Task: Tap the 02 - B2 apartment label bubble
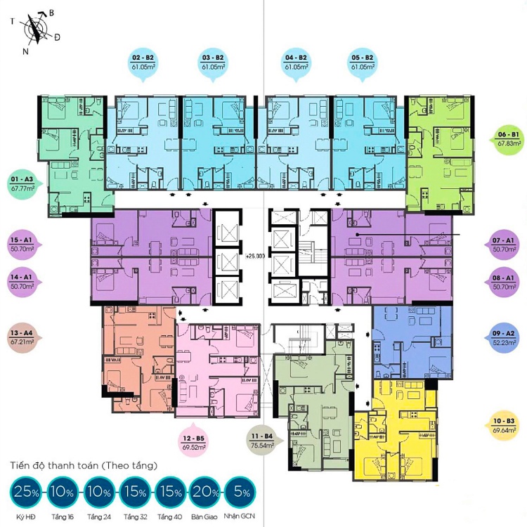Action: point(143,65)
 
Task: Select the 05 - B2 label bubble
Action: point(362,65)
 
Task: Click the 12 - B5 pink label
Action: point(194,441)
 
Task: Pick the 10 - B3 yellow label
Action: point(504,425)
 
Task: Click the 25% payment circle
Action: point(26,493)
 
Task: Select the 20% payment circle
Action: point(205,493)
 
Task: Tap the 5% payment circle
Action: point(240,493)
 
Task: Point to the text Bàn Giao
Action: point(204,517)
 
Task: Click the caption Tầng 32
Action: point(135,517)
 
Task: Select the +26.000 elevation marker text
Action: point(256,256)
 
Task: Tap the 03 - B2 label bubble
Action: point(213,65)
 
